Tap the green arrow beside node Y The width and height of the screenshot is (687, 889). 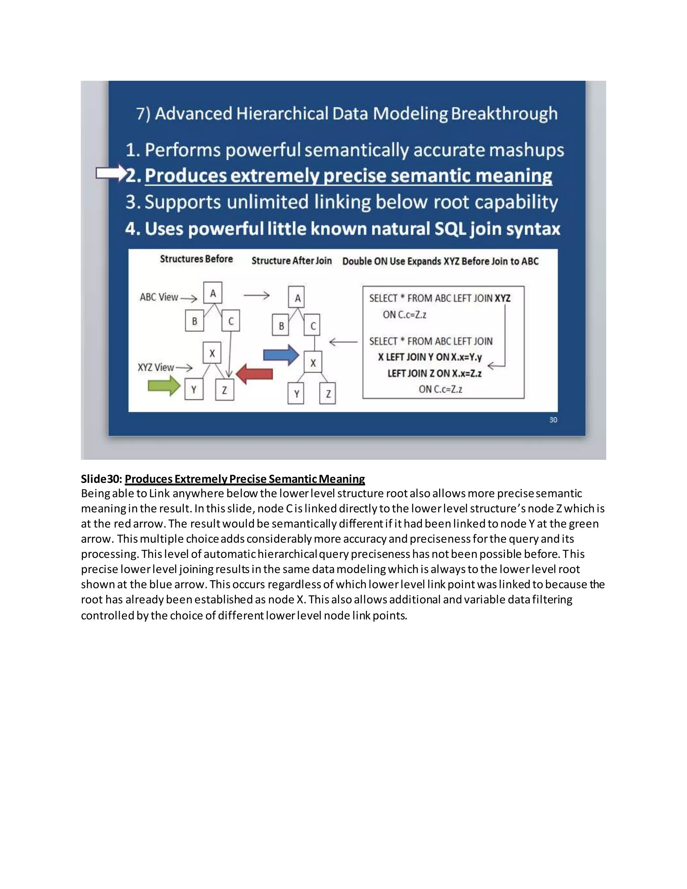[164, 385]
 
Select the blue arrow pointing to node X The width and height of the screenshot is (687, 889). [281, 355]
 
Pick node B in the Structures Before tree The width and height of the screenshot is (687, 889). [195, 321]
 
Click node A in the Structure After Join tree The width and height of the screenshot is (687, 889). [298, 298]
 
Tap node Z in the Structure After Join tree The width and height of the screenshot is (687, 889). [328, 393]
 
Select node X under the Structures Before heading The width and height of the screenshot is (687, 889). [212, 353]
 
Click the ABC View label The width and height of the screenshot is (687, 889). [159, 297]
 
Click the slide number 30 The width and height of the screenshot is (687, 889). [553, 420]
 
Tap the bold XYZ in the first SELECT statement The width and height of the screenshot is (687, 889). [502, 298]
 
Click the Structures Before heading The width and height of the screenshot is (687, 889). [196, 259]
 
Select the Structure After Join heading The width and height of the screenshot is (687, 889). [292, 261]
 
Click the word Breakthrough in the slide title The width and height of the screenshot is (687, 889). [504, 114]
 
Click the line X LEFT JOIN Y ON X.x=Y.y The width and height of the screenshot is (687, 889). [430, 357]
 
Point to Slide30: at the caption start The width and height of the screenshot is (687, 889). [101, 479]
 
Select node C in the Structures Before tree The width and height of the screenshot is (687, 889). [231, 321]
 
